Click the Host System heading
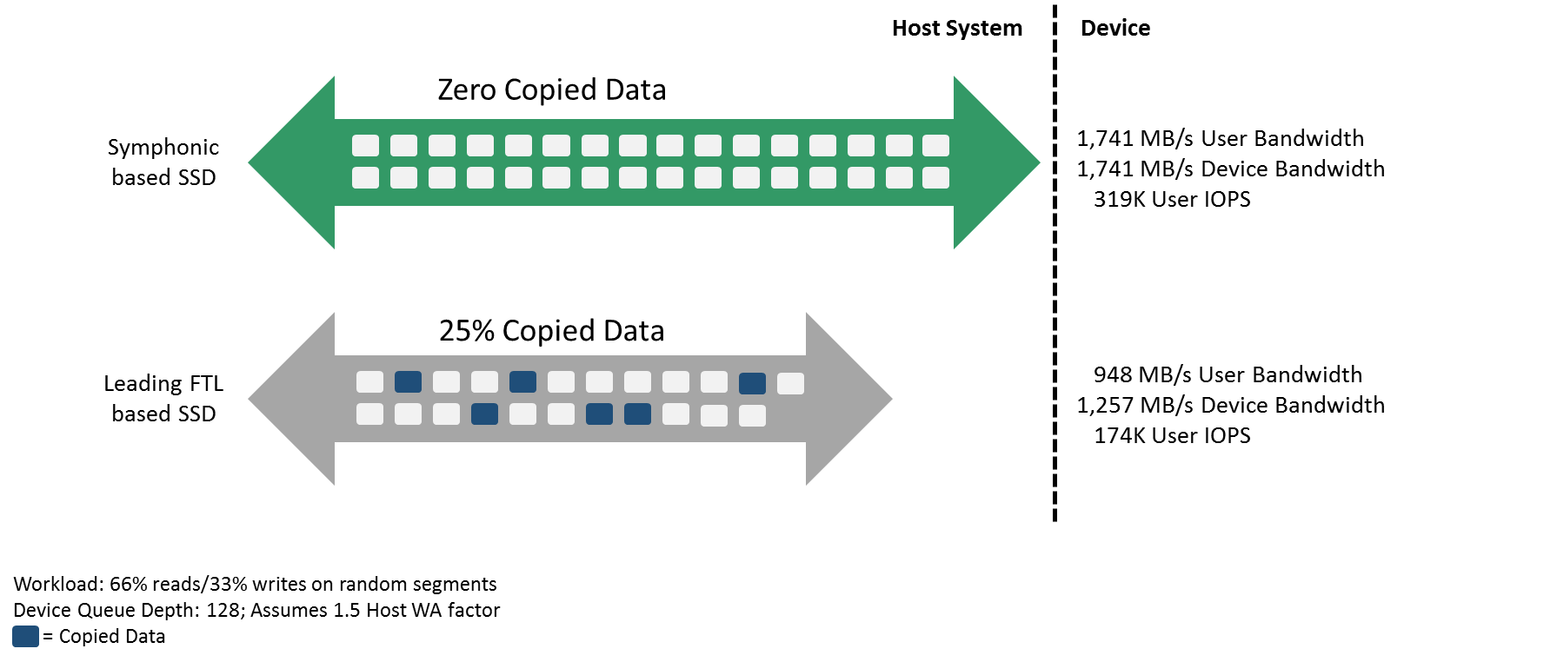[x=956, y=29]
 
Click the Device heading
[x=1115, y=29]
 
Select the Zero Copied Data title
[x=551, y=90]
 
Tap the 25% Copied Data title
[x=551, y=331]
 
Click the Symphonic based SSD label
[x=163, y=162]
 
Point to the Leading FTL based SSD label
[x=163, y=399]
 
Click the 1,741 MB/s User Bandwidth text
[x=1220, y=139]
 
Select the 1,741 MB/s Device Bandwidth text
[x=1230, y=169]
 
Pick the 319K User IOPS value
[x=1171, y=200]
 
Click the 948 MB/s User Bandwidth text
[x=1228, y=375]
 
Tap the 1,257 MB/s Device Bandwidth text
[x=1230, y=406]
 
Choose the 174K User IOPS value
[x=1171, y=436]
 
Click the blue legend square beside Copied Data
[x=25, y=637]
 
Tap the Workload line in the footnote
[x=255, y=585]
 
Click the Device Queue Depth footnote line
[x=256, y=611]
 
